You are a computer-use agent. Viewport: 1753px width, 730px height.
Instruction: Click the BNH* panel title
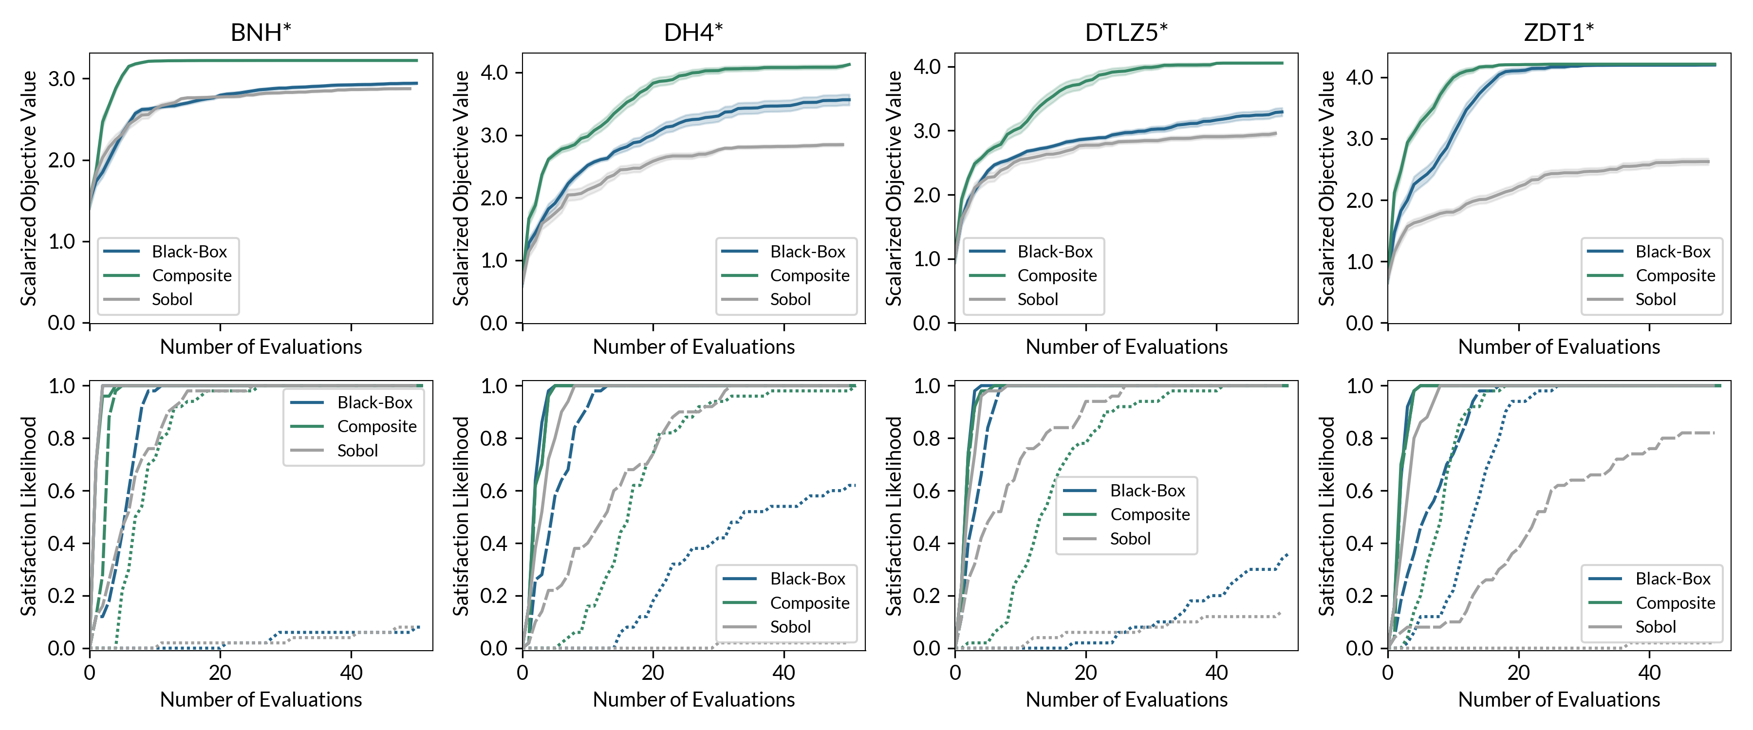261,32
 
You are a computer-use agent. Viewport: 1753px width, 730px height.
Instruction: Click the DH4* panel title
693,32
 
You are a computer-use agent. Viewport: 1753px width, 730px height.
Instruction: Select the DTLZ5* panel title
1126,32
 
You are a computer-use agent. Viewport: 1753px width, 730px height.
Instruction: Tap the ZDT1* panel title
1559,32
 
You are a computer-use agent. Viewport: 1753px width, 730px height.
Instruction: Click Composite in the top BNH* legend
191,275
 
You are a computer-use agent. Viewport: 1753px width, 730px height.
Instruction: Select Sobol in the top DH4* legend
790,299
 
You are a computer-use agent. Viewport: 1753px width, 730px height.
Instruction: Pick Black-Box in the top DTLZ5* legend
1055,252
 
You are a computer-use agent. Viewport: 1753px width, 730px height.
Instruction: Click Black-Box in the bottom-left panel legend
374,403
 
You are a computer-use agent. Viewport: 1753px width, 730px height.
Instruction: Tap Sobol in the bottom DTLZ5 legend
1130,539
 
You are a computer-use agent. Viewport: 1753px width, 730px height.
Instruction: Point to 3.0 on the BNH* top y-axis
61,79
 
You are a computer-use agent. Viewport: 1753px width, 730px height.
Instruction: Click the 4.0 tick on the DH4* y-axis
494,72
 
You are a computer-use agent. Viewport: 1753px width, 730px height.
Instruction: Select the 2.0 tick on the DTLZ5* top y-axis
927,195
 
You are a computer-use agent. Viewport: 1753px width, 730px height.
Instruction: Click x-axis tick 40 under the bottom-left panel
351,673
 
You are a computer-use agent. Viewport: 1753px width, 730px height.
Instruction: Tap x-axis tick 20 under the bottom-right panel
1519,673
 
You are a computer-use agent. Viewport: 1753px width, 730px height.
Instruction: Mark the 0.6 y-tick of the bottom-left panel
61,491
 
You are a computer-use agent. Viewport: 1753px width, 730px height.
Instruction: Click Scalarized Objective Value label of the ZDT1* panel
1327,188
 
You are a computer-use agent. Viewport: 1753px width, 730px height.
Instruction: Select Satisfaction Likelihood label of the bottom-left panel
29,516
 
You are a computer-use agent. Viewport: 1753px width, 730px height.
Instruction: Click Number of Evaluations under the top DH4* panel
693,347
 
